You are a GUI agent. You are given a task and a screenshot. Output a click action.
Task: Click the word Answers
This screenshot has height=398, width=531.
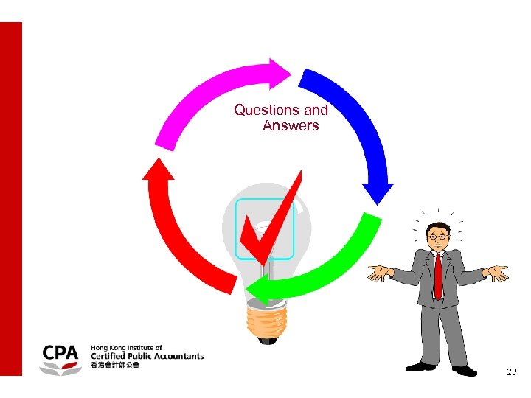[291, 126]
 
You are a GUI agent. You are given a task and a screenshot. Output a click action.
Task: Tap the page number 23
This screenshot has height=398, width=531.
[511, 373]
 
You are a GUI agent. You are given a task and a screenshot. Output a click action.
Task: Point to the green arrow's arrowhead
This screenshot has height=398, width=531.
[257, 291]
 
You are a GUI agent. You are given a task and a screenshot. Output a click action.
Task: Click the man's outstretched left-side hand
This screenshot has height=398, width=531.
[378, 274]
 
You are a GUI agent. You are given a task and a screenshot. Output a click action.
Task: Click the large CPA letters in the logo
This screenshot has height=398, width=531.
[60, 352]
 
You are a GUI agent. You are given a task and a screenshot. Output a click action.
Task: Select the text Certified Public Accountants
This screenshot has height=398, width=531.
[147, 356]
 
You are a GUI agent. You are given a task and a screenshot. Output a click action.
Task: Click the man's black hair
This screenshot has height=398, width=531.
[438, 226]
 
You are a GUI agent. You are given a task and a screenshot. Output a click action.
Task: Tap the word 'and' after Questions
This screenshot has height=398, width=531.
[316, 111]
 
